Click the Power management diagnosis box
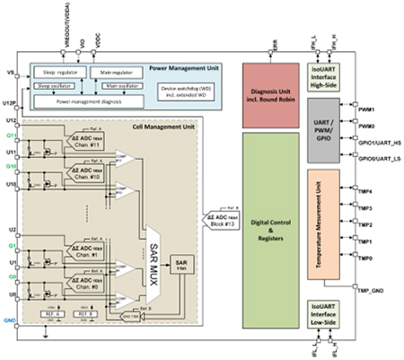point(84,101)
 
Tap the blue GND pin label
point(10,319)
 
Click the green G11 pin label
point(10,135)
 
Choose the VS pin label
point(10,71)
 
